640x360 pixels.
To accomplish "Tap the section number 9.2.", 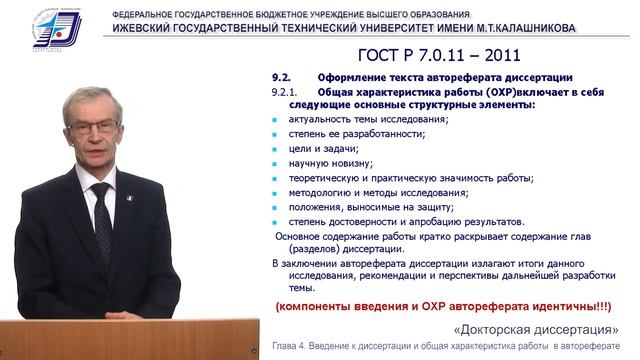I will tap(282, 77).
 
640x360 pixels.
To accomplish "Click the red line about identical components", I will tap(446, 304).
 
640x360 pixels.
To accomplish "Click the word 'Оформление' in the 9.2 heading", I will tap(350, 77).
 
